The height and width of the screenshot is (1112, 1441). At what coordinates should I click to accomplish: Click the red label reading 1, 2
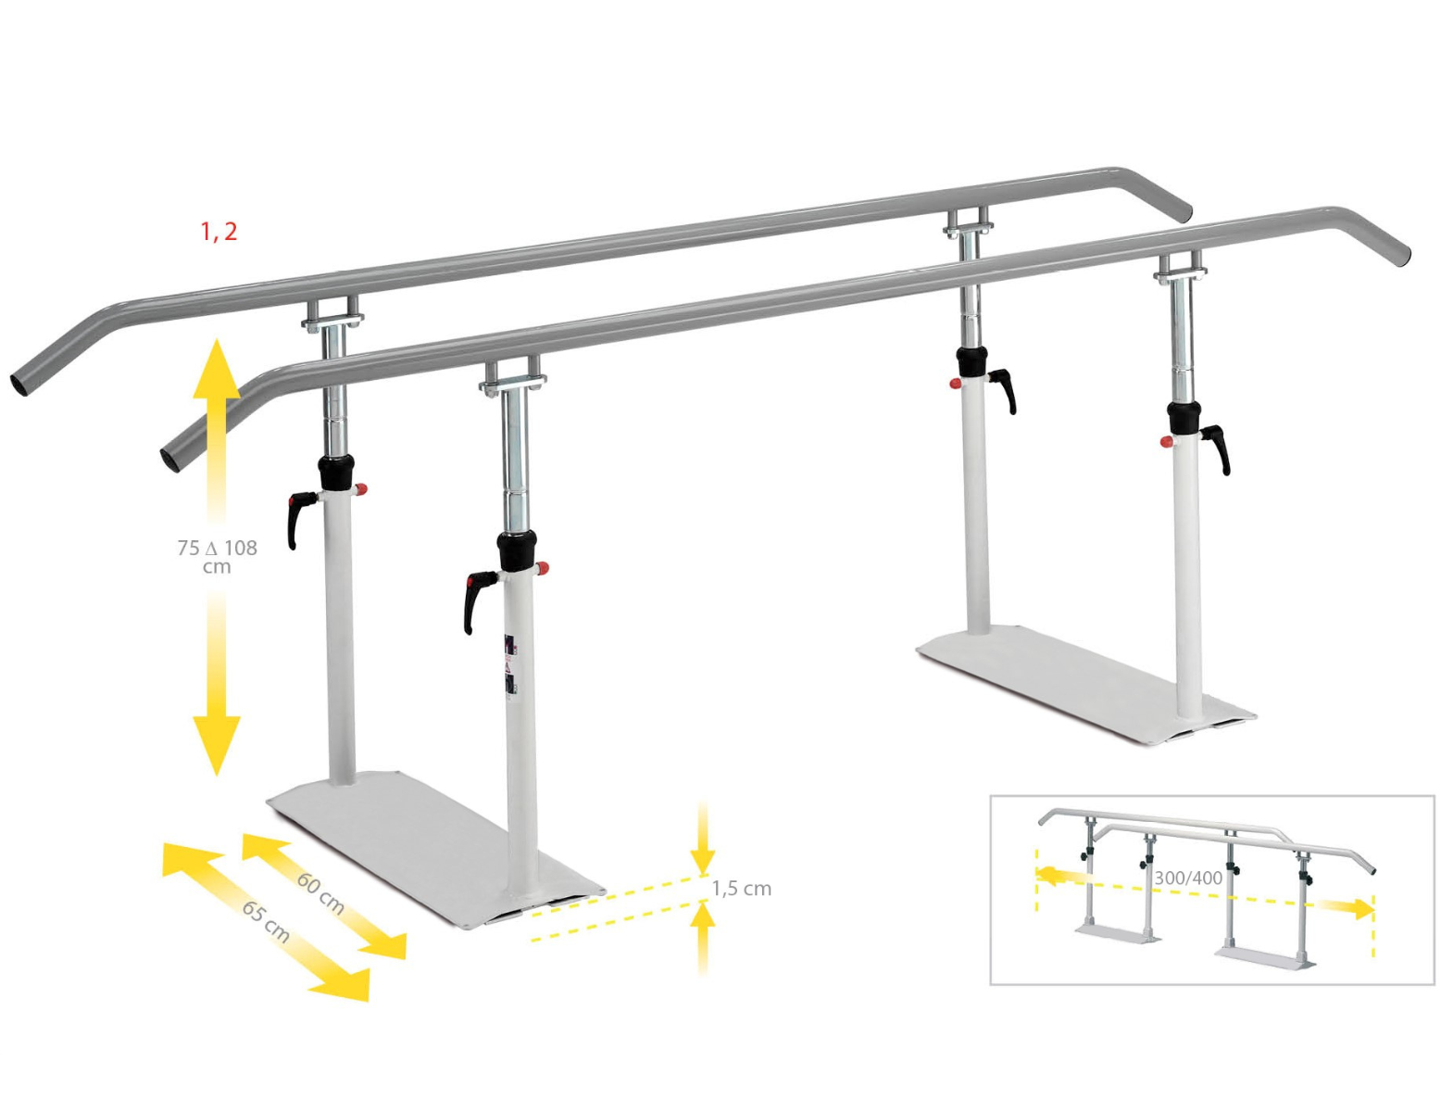[219, 232]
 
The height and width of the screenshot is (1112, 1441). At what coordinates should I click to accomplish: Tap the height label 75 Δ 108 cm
[217, 556]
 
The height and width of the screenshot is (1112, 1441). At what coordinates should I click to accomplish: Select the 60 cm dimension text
[320, 893]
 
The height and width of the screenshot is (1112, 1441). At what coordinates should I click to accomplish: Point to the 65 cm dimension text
[266, 921]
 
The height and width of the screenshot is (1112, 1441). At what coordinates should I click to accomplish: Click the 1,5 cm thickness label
[741, 889]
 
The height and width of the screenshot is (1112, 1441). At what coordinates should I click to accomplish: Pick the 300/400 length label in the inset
[1188, 877]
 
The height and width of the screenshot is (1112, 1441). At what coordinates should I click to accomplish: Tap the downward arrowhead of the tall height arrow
[216, 746]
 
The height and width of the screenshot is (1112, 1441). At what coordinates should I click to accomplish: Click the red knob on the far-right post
[1164, 443]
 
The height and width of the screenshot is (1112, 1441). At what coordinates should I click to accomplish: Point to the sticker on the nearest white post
[508, 664]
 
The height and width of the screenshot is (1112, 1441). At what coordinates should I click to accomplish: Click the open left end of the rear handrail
[20, 385]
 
